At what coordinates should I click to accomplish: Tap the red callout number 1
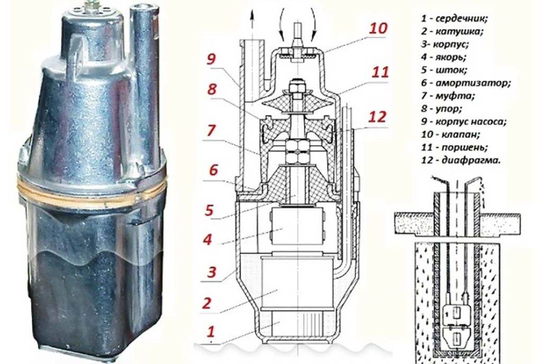point(211,332)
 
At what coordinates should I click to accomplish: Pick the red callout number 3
point(211,273)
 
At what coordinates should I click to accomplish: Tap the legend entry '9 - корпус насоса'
point(468,121)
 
